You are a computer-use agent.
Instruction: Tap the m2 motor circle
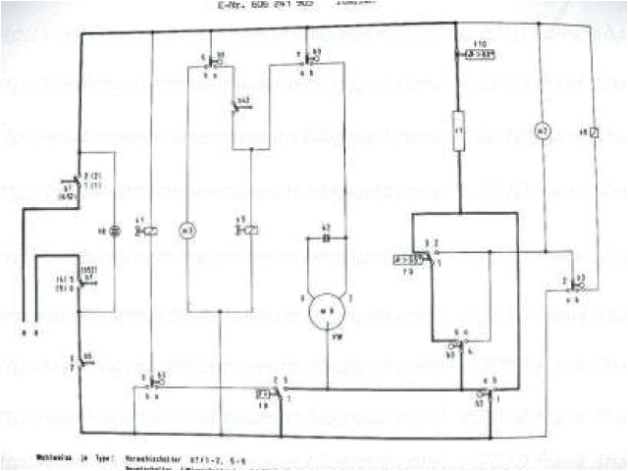tap(539, 130)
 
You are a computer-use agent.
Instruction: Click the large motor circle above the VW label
tap(322, 313)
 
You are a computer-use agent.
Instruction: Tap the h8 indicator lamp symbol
tap(114, 232)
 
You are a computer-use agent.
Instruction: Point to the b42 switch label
tap(243, 102)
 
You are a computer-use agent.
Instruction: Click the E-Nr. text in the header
tap(233, 5)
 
